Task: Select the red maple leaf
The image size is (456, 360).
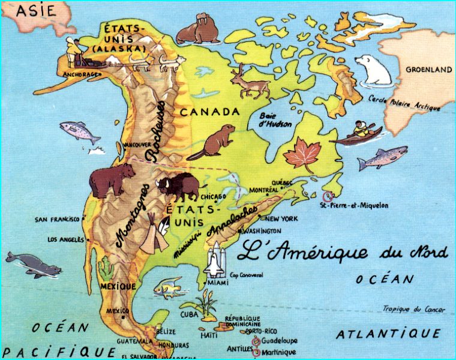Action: pyautogui.click(x=302, y=154)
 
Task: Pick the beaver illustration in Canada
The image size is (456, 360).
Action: pyautogui.click(x=211, y=143)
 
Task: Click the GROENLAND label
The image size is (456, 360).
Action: pyautogui.click(x=428, y=70)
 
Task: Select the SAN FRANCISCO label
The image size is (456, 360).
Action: pyautogui.click(x=58, y=219)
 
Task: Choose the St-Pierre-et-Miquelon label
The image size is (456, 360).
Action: pyautogui.click(x=354, y=205)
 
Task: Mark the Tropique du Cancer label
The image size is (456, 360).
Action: pyautogui.click(x=415, y=310)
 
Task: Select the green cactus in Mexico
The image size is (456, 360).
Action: pyautogui.click(x=107, y=267)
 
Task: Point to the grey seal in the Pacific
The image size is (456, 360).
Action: pyautogui.click(x=33, y=264)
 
